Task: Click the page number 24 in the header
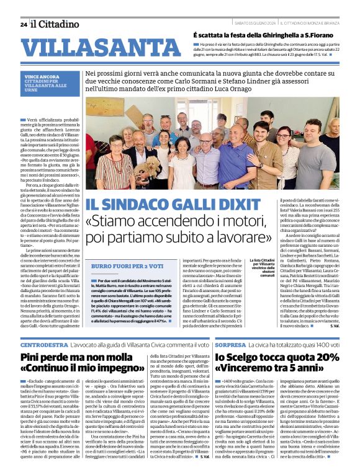[24, 24]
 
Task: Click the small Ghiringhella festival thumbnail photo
[184, 49]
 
